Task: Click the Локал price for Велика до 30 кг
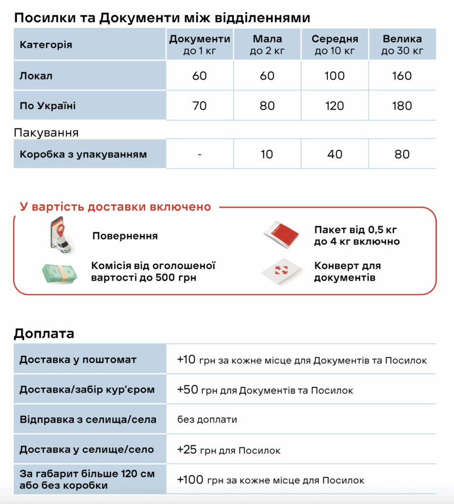coord(402,76)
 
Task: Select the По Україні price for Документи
coord(199,105)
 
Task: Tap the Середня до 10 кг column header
coord(334,44)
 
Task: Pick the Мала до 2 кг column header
coord(266,44)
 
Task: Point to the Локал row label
coord(36,76)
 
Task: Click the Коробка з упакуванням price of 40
coord(334,154)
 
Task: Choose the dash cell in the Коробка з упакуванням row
coord(199,154)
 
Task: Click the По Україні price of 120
coord(334,105)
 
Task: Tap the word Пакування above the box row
coord(46,133)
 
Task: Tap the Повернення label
coord(125,236)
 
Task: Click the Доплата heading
coord(44,333)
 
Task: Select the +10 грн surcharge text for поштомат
coord(301,360)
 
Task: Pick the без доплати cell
coord(207,420)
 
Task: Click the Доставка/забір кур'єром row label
coord(87,390)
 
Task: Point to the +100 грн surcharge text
coord(270,480)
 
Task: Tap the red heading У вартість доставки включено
coord(115,207)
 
